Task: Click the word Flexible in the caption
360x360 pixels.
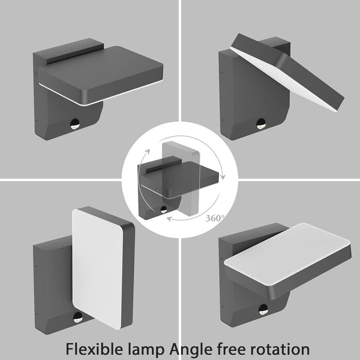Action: (94, 349)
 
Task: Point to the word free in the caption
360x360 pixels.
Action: (231, 349)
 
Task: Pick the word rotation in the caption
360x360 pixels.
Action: (280, 349)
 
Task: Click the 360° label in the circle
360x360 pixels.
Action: (214, 218)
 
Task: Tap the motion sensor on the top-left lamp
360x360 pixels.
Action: (75, 124)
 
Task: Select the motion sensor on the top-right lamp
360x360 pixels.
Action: (261, 124)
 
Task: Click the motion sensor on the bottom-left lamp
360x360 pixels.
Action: (78, 317)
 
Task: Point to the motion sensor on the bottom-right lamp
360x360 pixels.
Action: (263, 310)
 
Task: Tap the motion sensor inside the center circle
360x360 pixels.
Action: (164, 209)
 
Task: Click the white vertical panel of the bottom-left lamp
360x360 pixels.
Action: (98, 268)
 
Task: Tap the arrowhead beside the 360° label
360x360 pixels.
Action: (169, 219)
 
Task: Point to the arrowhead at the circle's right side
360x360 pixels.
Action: (223, 177)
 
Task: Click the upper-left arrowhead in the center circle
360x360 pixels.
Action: (148, 152)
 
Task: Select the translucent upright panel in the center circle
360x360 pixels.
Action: (181, 178)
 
